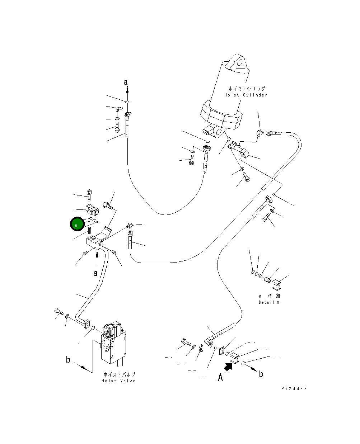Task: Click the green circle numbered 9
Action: [76, 225]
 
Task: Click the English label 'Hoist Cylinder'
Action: [246, 95]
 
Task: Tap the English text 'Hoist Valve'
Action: [118, 381]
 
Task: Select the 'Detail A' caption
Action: [269, 302]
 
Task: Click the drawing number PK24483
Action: [294, 389]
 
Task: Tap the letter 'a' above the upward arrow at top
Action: [126, 82]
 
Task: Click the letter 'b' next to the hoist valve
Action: [68, 360]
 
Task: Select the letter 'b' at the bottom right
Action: [261, 374]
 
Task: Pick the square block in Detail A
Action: [277, 285]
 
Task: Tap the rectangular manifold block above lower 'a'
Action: [94, 241]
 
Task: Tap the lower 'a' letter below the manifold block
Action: [95, 273]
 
